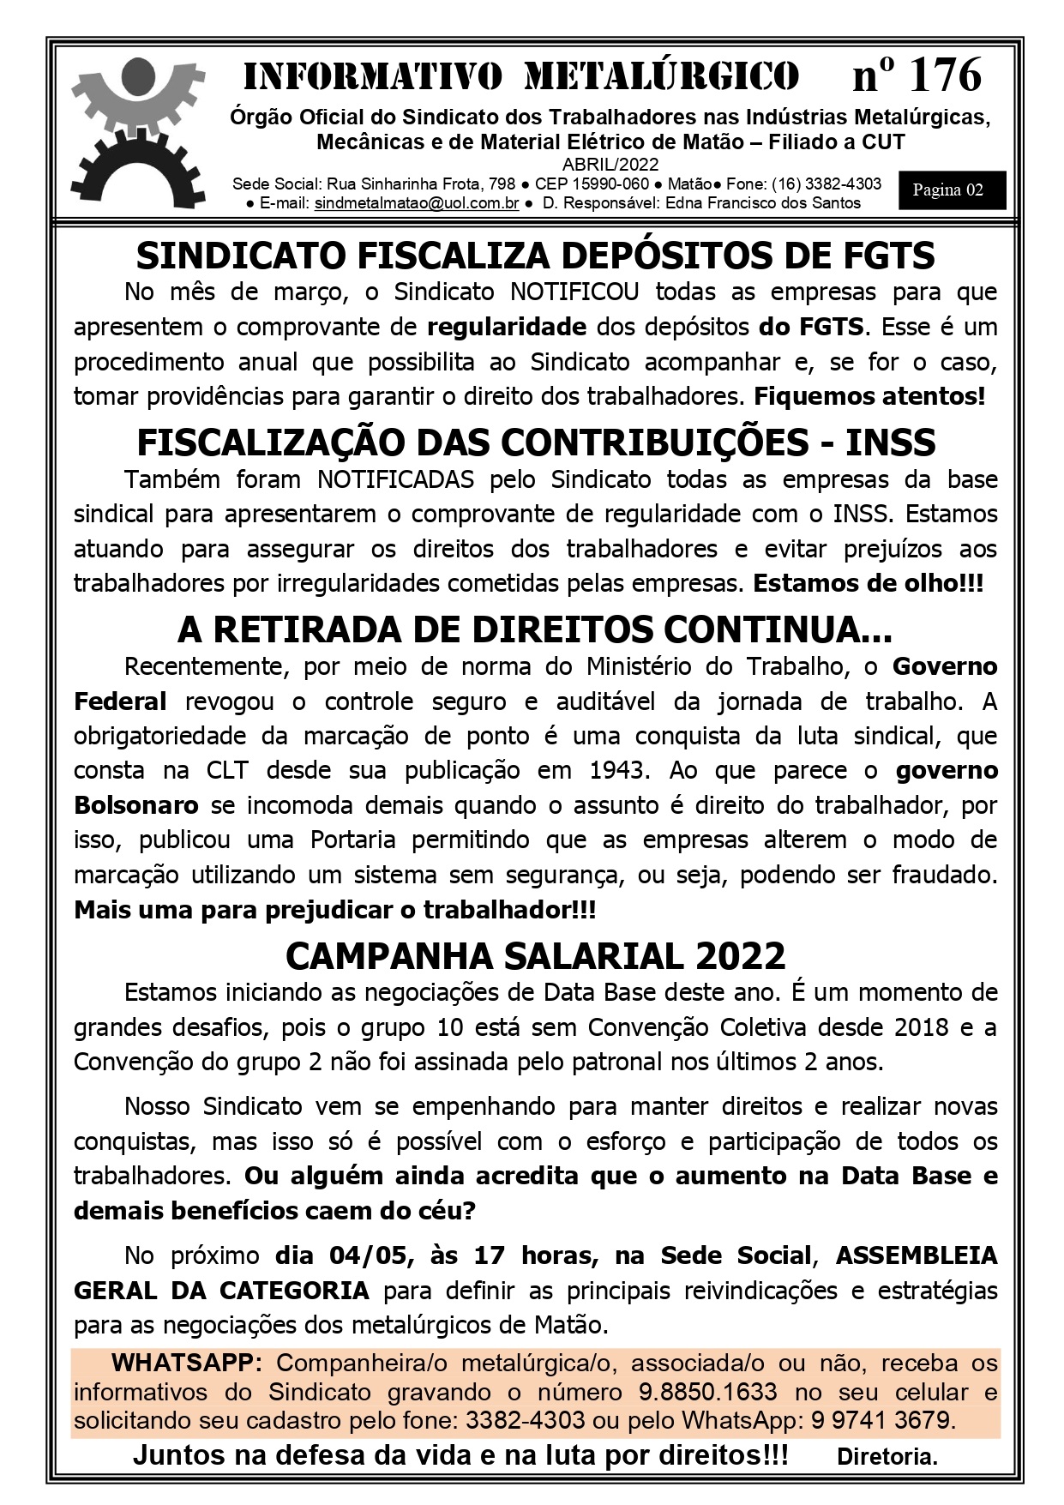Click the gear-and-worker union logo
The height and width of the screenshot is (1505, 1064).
click(137, 129)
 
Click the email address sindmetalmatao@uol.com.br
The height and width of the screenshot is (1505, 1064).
click(417, 203)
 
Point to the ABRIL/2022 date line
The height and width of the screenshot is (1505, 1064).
click(610, 165)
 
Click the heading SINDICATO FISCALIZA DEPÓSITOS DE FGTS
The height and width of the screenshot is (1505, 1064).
click(535, 256)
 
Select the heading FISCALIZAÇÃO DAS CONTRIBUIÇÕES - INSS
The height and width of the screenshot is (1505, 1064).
click(535, 442)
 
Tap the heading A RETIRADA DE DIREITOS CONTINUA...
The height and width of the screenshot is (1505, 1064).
click(535, 630)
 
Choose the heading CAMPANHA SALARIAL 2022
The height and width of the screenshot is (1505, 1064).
click(535, 954)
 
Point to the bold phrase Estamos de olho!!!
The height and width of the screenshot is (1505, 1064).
click(868, 583)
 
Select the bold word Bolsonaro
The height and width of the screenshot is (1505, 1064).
click(136, 805)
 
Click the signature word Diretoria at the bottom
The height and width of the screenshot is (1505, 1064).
click(886, 1456)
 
